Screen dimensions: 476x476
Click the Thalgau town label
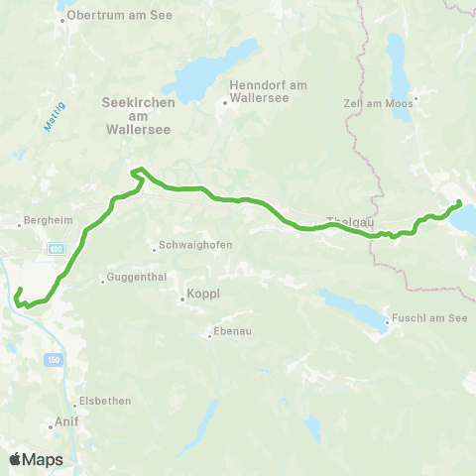[x=349, y=221]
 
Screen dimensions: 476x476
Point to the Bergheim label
[x=40, y=221]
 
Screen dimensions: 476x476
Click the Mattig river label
[x=52, y=121]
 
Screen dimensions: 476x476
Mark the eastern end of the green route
[x=460, y=203]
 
